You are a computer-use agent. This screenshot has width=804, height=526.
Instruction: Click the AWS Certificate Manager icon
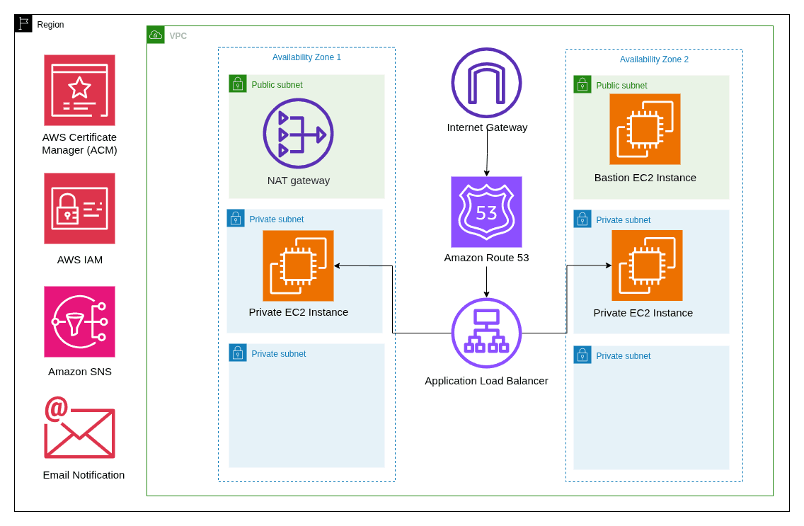[79, 90]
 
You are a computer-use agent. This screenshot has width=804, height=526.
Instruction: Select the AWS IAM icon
[79, 208]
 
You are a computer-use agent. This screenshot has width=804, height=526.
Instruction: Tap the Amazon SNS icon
[79, 321]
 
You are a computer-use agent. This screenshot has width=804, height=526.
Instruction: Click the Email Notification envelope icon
[79, 428]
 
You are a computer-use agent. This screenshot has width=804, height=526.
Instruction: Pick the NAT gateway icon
[298, 133]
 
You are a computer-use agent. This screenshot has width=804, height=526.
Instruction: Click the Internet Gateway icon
[486, 83]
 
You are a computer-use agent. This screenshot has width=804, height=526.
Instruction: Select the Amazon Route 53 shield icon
[486, 212]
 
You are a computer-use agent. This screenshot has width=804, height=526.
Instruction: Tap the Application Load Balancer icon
[486, 333]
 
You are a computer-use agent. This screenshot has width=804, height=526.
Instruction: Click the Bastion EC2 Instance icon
[645, 129]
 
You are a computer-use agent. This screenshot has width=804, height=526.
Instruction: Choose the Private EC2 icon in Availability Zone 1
[298, 265]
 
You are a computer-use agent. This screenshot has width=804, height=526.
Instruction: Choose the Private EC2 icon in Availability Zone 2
[647, 265]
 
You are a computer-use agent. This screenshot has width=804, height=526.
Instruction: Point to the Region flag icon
[23, 23]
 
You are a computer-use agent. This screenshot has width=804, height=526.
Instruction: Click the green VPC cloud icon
[156, 35]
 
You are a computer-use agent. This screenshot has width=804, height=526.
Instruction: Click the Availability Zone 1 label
[306, 57]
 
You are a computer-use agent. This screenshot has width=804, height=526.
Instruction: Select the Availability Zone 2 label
[654, 59]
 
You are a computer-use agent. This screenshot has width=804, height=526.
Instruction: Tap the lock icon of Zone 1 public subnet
[238, 84]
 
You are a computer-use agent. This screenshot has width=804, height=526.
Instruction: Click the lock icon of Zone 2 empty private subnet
[582, 355]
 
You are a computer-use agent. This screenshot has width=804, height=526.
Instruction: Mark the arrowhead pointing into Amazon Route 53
[486, 173]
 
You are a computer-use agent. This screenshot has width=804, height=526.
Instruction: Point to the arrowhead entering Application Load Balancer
[486, 295]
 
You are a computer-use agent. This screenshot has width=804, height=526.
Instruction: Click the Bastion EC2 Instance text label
[645, 178]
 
